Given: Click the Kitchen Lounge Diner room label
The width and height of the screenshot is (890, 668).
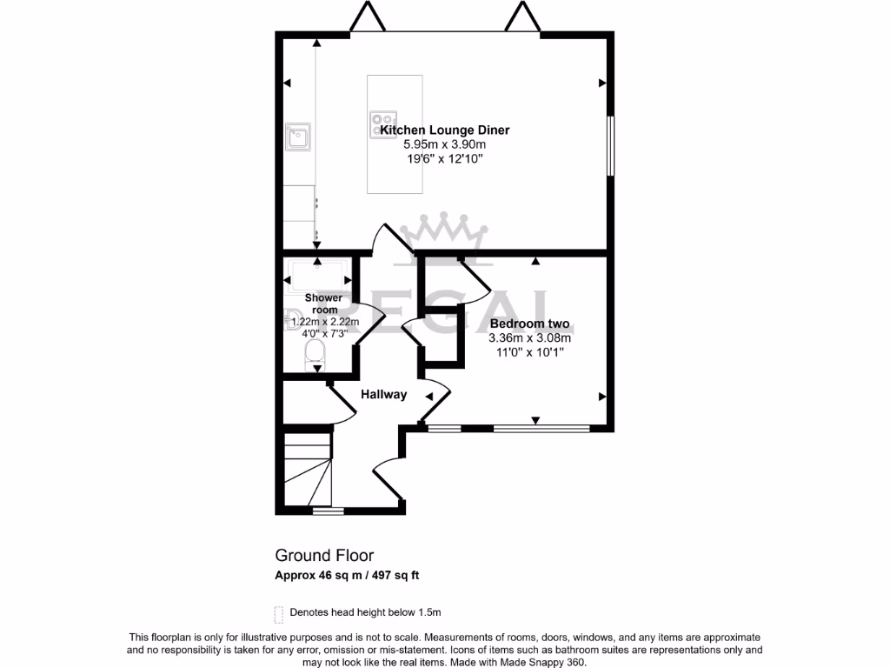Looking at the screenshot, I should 444,130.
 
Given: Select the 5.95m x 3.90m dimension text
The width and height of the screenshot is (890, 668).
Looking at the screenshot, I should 444,144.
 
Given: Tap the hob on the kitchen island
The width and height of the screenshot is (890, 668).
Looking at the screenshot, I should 383,124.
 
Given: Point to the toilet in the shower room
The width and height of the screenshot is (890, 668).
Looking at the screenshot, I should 315,354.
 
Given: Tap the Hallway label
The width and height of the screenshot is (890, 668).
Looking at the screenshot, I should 383,394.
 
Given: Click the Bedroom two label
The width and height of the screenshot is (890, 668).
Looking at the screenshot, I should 529,324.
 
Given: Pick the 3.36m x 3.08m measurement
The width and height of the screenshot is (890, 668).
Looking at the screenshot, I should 529,338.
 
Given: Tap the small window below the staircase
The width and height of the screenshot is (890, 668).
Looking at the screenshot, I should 328,511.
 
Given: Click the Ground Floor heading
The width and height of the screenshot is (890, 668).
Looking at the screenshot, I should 324,555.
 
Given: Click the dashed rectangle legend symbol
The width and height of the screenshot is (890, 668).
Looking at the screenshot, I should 279,614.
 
